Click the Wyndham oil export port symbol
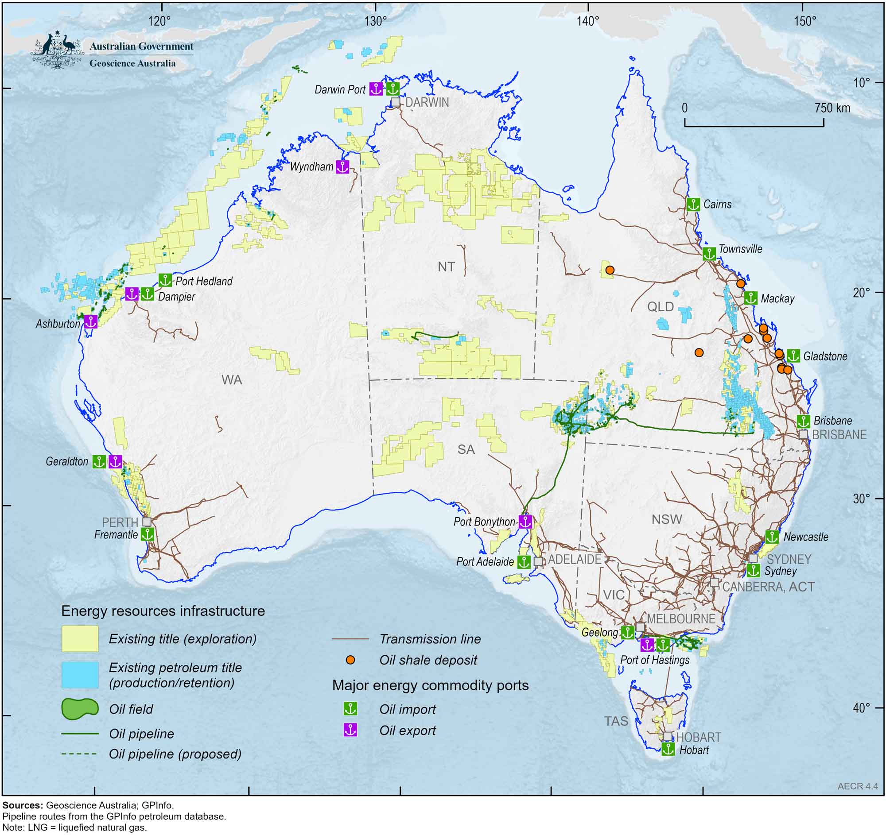[342, 166]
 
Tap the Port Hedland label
[204, 281]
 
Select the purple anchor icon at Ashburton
[90, 321]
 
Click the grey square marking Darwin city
[395, 102]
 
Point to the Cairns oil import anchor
[693, 205]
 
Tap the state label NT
[446, 267]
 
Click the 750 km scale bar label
[832, 108]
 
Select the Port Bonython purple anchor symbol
[525, 522]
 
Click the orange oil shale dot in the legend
[350, 660]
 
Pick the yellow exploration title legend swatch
[80, 638]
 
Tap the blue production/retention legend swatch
[80, 675]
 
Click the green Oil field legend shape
[80, 709]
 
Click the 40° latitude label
[861, 707]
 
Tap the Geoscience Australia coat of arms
[57, 50]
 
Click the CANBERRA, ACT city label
[768, 587]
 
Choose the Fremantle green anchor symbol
[148, 534]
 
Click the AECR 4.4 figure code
[858, 786]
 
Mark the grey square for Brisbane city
[803, 434]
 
